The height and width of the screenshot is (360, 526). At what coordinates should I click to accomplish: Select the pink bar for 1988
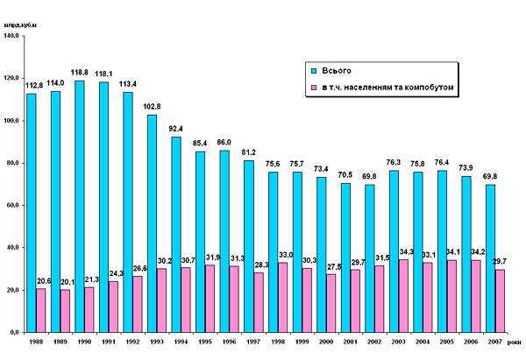pyautogui.click(x=41, y=310)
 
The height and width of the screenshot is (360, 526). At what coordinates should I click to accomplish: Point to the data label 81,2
pyautogui.click(x=248, y=152)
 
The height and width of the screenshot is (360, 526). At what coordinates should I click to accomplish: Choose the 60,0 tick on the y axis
pyautogui.click(x=14, y=206)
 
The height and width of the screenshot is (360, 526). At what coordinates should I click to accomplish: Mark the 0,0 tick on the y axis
pyautogui.click(x=17, y=333)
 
